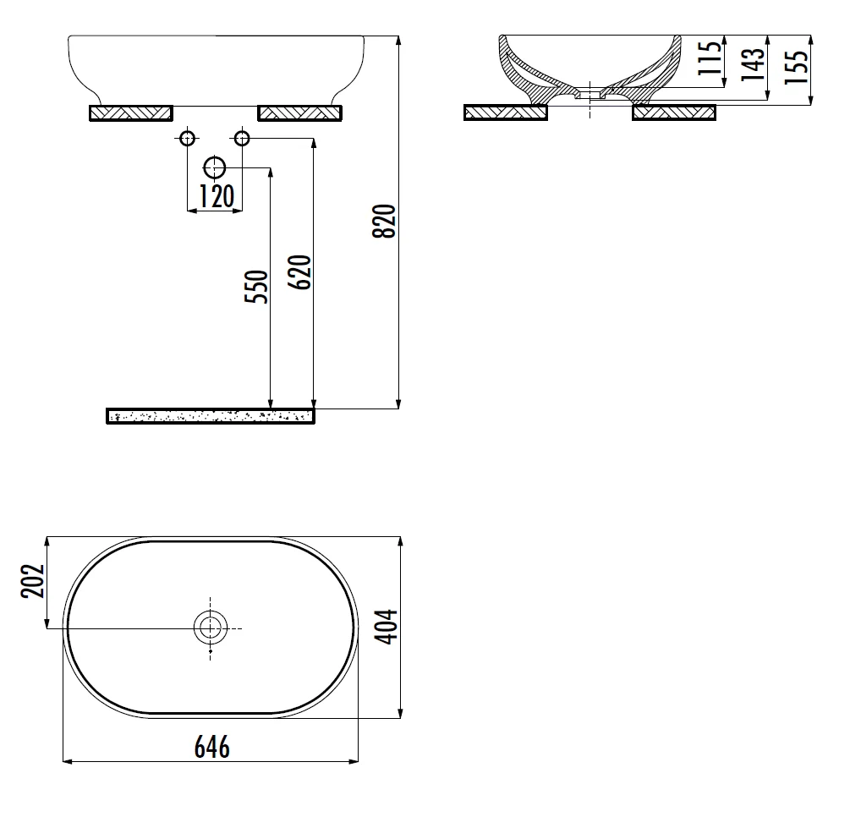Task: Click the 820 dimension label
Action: click(384, 222)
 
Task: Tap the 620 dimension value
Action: click(299, 272)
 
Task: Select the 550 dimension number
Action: click(256, 287)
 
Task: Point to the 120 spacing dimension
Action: click(217, 196)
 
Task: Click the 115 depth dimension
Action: click(710, 58)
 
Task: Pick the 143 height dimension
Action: click(753, 64)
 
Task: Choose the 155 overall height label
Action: click(797, 67)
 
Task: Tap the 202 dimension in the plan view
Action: click(32, 580)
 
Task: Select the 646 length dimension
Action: click(212, 748)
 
